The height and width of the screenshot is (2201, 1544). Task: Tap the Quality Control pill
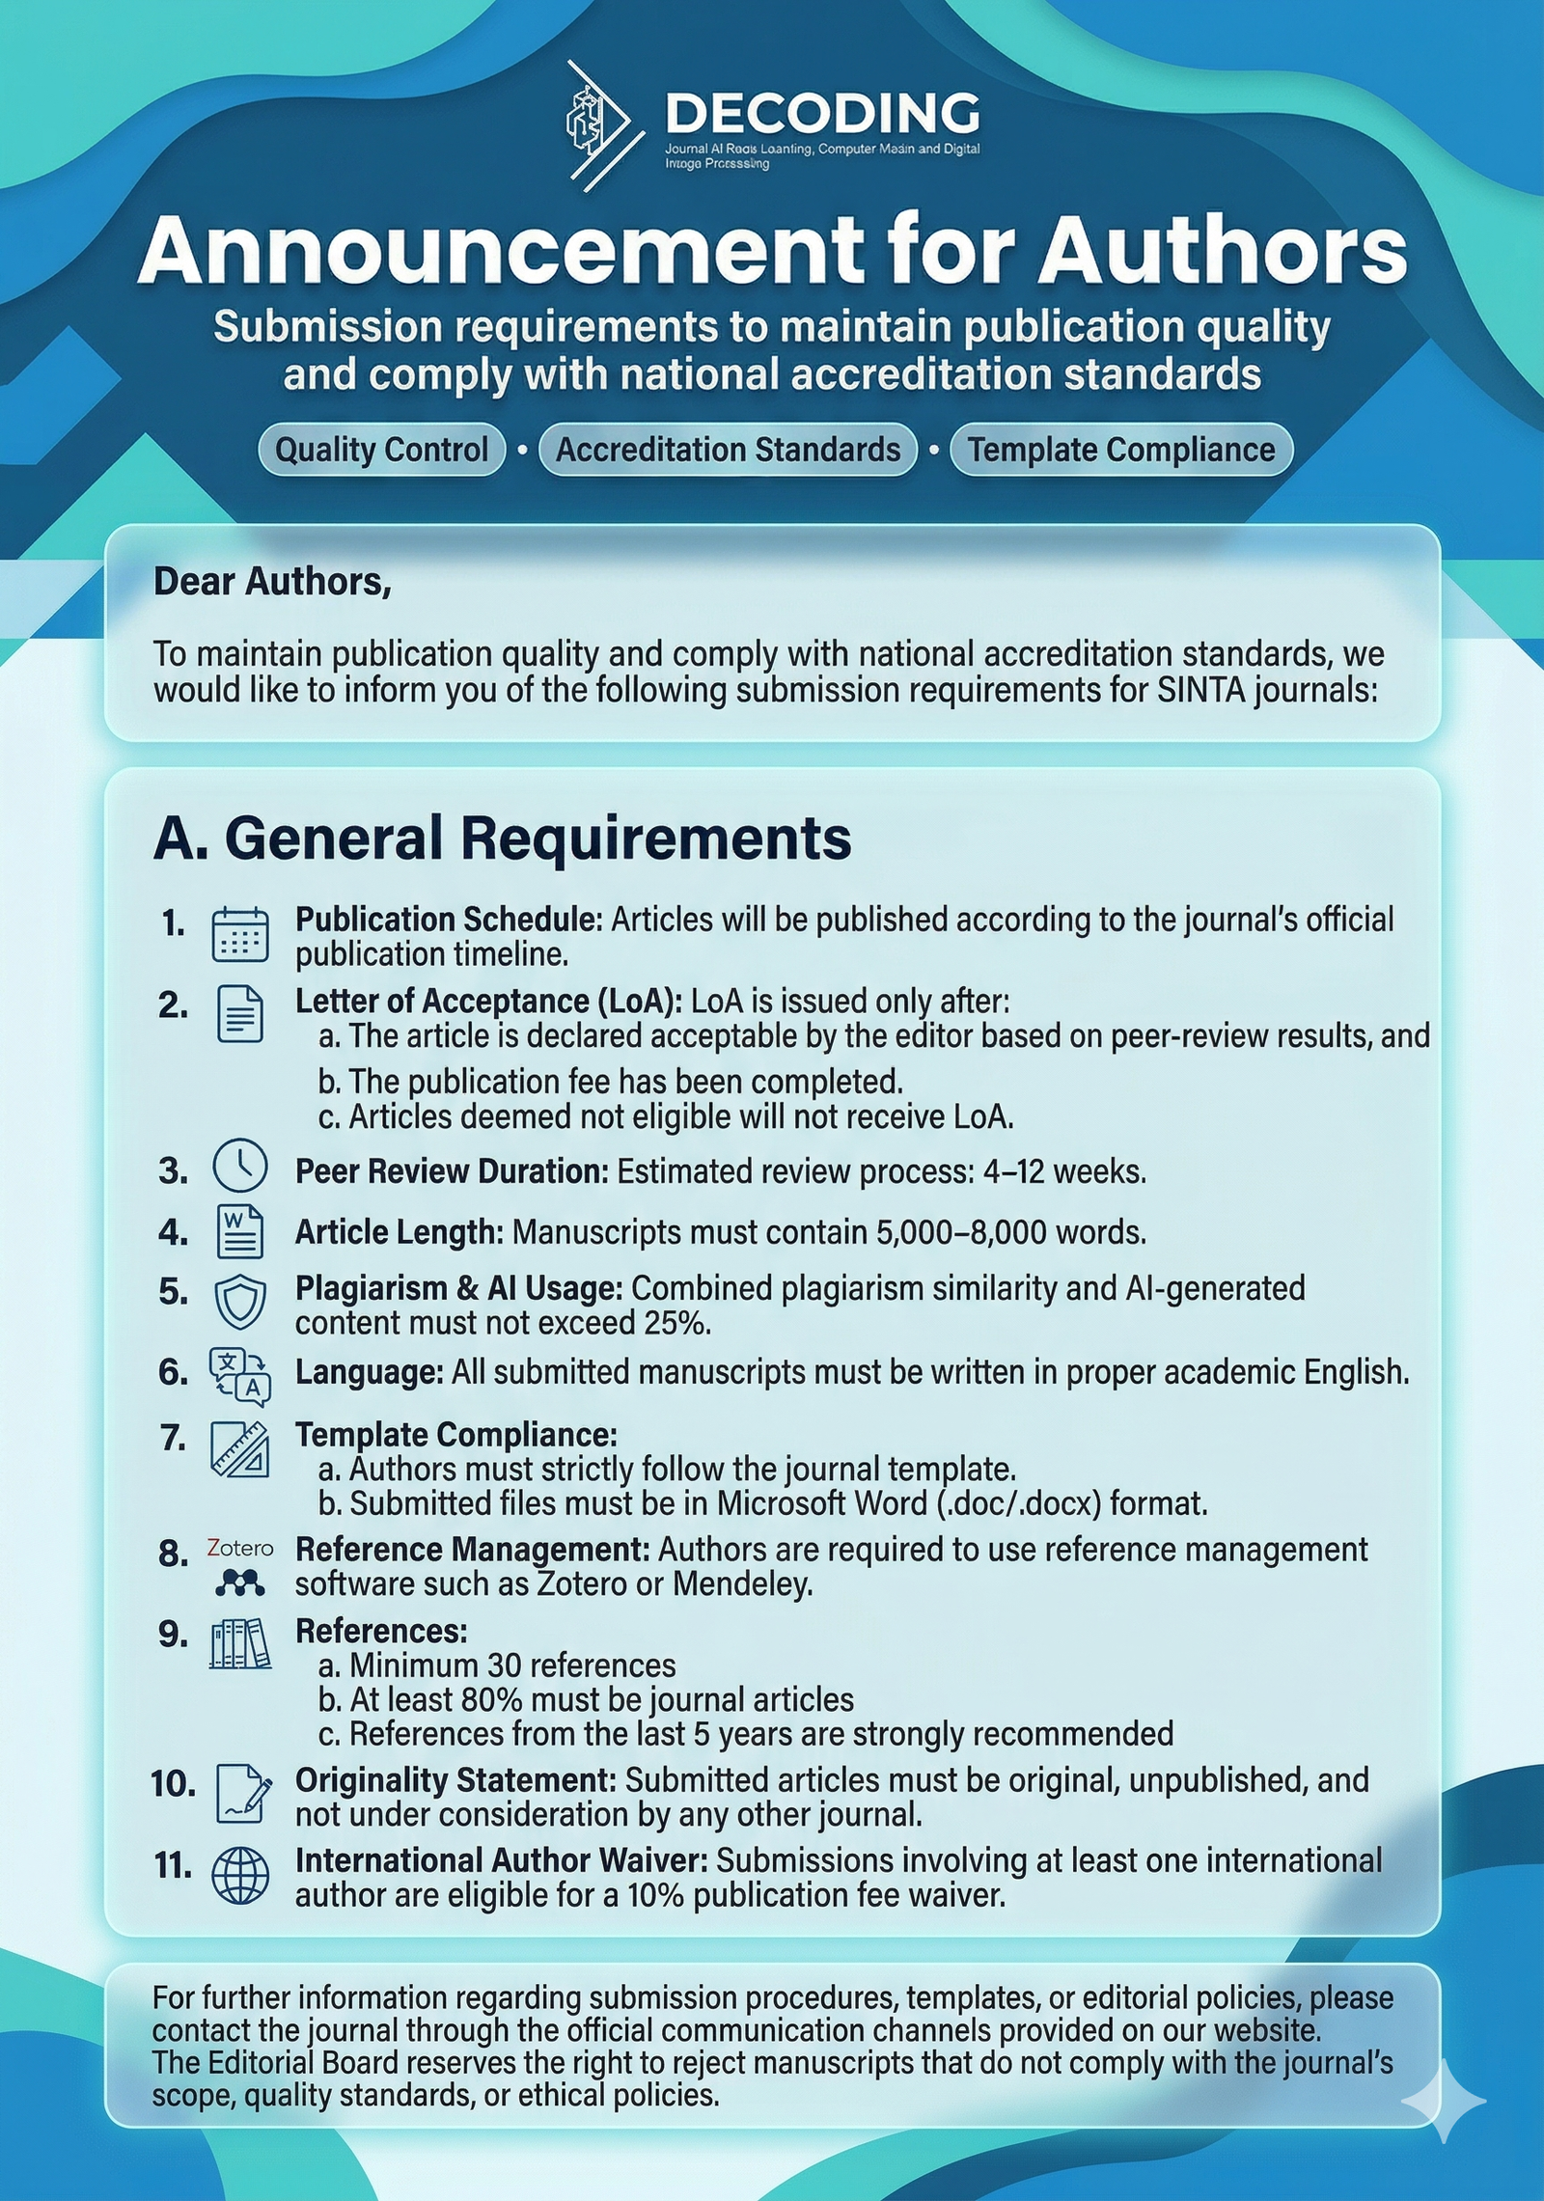click(382, 450)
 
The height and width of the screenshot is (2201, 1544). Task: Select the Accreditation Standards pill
click(728, 450)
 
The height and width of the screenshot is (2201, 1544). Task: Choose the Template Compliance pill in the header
click(1121, 450)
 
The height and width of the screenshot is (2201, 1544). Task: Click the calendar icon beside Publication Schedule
click(239, 935)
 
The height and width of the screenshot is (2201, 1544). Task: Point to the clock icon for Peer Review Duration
click(239, 1167)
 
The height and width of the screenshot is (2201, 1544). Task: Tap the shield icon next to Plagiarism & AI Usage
click(239, 1301)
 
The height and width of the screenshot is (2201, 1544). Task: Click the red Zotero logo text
click(240, 1549)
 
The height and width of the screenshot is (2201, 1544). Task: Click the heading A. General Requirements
click(502, 838)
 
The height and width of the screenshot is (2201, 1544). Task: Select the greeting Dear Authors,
click(272, 582)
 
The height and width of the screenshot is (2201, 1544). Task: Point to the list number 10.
click(173, 1784)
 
